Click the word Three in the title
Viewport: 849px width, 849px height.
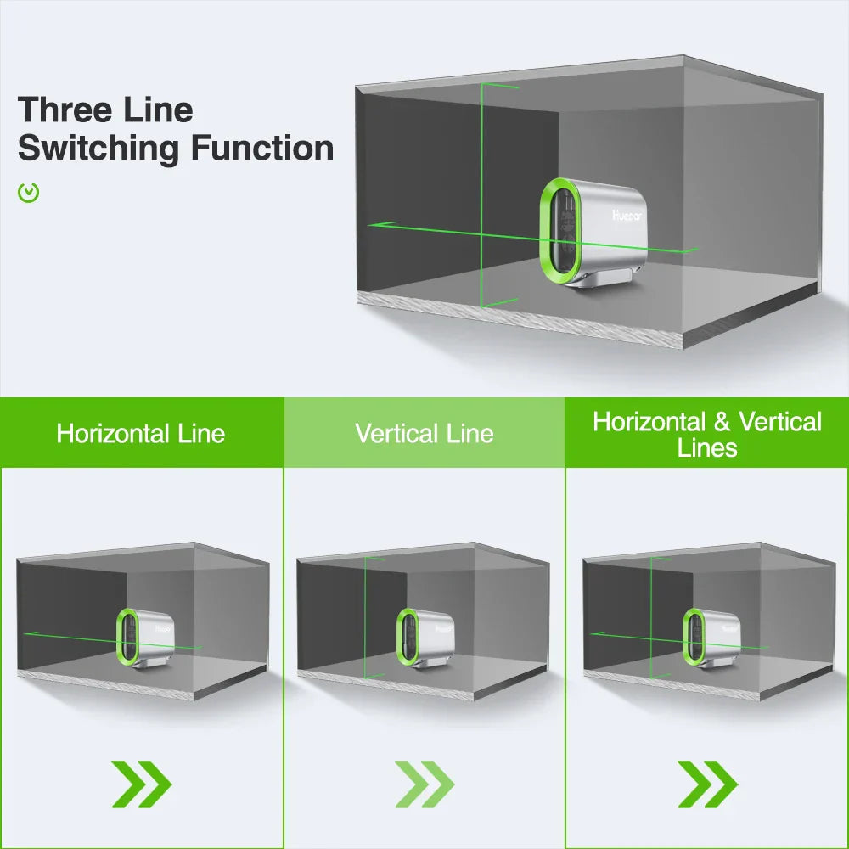(64, 110)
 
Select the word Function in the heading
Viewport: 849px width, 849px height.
(261, 149)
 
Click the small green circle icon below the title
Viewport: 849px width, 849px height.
(29, 193)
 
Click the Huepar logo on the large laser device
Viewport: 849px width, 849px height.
(629, 216)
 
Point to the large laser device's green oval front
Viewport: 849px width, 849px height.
(560, 229)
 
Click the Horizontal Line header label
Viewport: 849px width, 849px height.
(141, 434)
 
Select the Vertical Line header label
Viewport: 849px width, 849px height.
(424, 434)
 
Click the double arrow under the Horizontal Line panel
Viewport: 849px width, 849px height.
(141, 784)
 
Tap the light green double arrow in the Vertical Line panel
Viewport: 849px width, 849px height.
(424, 784)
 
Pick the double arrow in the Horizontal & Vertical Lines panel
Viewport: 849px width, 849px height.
(707, 784)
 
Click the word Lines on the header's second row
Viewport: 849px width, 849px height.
(707, 448)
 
